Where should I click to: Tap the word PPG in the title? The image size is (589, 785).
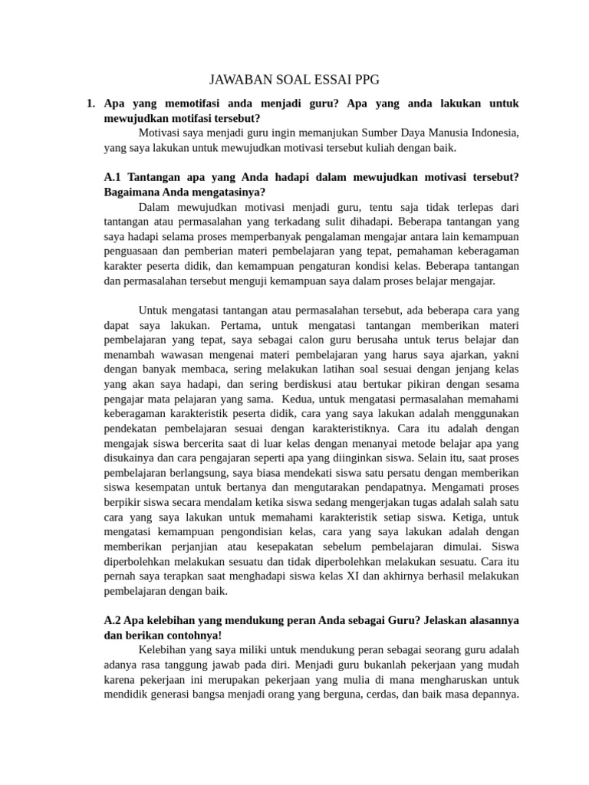[x=365, y=80]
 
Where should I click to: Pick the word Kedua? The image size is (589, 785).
[x=298, y=399]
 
